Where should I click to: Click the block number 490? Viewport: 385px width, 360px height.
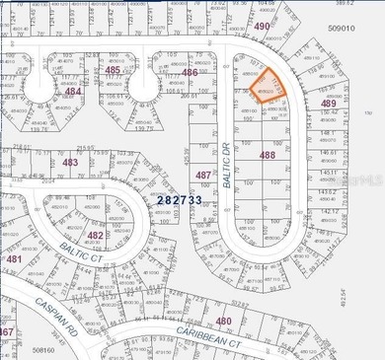point(262,27)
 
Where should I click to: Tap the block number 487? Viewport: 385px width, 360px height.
point(203,175)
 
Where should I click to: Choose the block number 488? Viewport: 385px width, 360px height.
point(267,155)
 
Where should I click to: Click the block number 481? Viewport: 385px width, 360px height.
point(14,259)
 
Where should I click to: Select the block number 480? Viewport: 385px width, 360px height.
point(224,321)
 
